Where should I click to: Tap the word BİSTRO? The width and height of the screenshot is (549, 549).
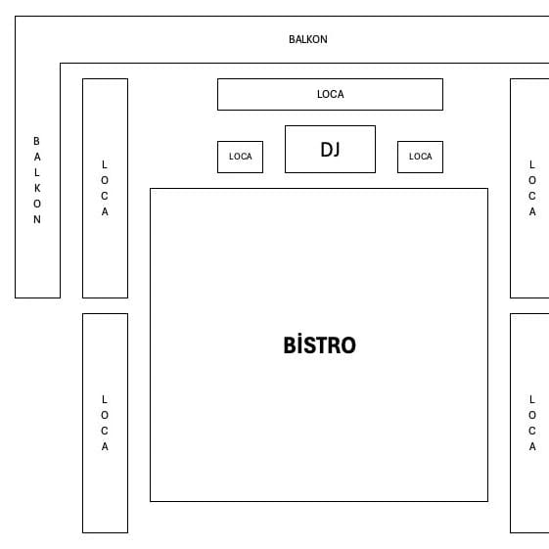pyautogui.click(x=319, y=345)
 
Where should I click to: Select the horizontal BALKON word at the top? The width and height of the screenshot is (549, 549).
pyautogui.click(x=308, y=39)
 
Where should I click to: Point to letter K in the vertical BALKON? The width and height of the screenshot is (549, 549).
pyautogui.click(x=37, y=188)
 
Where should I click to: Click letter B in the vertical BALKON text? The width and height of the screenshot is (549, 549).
pyautogui.click(x=36, y=141)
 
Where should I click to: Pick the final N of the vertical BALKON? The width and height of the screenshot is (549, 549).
pyautogui.click(x=37, y=219)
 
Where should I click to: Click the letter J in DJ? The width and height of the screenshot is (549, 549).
pyautogui.click(x=336, y=150)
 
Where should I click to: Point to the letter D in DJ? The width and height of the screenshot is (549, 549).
pyautogui.click(x=326, y=149)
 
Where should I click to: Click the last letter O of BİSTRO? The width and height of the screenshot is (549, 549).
pyautogui.click(x=348, y=345)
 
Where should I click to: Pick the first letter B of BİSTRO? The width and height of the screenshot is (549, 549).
pyautogui.click(x=291, y=345)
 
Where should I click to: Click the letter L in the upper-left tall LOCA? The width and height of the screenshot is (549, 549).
pyautogui.click(x=104, y=164)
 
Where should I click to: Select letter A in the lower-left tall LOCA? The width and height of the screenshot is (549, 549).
pyautogui.click(x=105, y=446)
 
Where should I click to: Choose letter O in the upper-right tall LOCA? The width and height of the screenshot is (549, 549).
pyautogui.click(x=532, y=180)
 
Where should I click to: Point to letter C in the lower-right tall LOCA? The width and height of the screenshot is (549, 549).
pyautogui.click(x=531, y=431)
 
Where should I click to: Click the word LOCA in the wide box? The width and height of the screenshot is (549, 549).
pyautogui.click(x=331, y=94)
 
